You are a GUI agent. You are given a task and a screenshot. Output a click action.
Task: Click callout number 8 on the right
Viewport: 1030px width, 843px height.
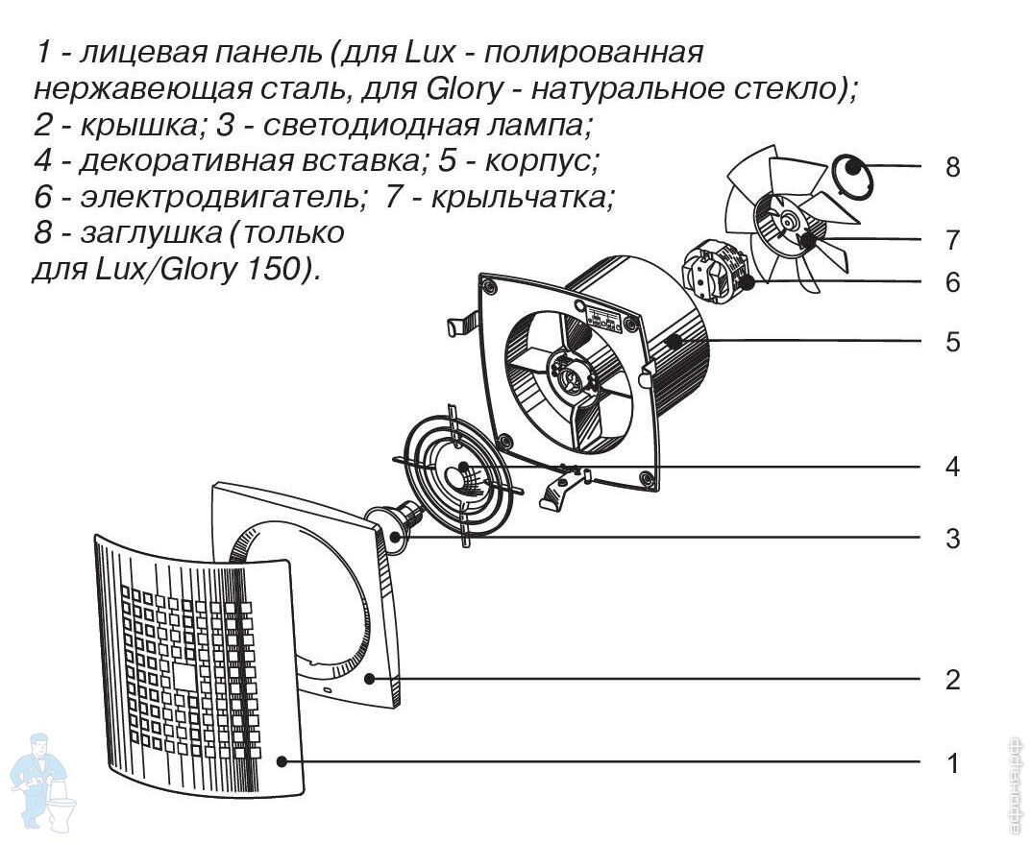(x=952, y=167)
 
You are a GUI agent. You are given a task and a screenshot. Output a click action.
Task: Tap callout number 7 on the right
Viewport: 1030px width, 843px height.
(x=952, y=239)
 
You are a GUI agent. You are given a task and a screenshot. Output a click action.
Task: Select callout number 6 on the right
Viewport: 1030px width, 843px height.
(x=952, y=282)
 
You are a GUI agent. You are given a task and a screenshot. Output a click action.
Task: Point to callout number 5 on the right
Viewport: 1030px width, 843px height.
(x=952, y=342)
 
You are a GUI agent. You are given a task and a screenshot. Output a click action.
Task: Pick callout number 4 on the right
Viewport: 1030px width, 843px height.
(x=952, y=468)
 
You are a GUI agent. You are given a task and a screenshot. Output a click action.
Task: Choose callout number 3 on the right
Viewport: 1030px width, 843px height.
(x=952, y=538)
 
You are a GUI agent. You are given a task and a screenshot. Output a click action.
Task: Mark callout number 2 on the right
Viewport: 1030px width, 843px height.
(x=952, y=680)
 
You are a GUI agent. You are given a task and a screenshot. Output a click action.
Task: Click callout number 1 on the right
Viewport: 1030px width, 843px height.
(x=952, y=764)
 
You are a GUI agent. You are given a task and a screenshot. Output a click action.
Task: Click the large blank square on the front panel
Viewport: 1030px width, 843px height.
(x=182, y=676)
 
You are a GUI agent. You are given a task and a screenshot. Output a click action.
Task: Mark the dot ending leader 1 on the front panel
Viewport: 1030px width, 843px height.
(x=282, y=761)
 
